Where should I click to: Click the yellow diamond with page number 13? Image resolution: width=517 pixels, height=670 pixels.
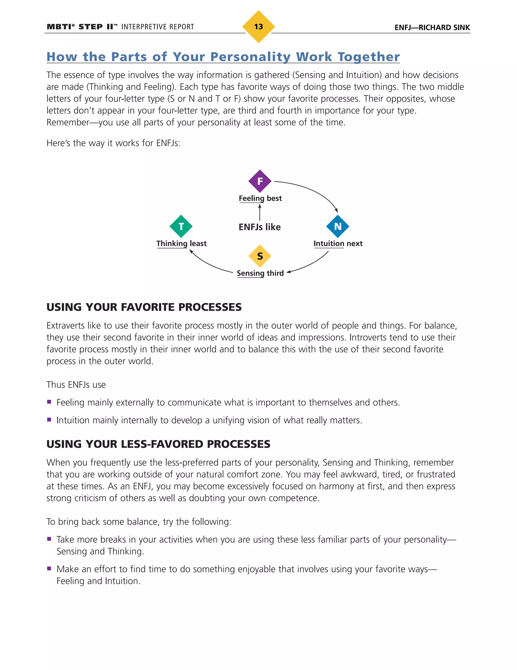coord(258,27)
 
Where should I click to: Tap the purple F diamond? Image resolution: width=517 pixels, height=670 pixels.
coord(260,181)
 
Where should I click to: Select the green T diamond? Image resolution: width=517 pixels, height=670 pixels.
coord(181,226)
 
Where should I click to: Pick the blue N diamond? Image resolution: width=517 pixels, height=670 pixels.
coord(338,226)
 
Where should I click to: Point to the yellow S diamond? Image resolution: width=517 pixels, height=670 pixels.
coord(260,256)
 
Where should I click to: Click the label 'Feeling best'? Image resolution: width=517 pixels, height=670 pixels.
coord(260,198)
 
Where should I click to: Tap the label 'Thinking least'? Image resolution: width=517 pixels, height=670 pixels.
coord(181,243)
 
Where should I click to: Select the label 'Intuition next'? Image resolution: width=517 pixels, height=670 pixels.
coord(338,243)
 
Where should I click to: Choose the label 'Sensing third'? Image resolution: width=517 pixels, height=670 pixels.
coord(260,273)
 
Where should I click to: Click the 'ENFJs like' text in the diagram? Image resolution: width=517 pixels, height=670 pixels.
coord(260,227)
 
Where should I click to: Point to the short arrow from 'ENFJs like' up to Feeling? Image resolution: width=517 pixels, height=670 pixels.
coord(260,212)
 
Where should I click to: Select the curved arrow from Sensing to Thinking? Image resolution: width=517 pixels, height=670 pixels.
coord(208,264)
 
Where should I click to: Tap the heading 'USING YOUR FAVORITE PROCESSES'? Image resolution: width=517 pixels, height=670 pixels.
coord(144,307)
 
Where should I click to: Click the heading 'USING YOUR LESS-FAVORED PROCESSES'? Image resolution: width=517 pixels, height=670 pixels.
coord(158,444)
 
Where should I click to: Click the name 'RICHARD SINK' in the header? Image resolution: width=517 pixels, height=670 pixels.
coord(444,28)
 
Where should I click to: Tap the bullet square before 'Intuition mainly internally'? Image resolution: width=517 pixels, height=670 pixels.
coord(49,420)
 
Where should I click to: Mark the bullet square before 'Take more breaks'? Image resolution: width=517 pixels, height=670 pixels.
coord(49,539)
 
